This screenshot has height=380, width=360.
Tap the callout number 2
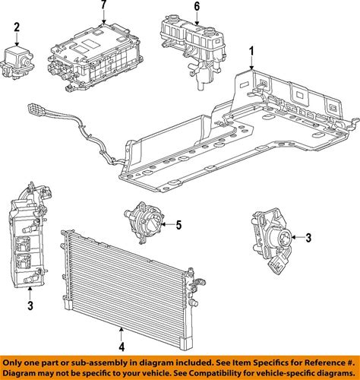tap(17, 27)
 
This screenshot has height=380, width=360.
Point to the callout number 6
tap(197, 7)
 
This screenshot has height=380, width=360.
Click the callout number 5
tap(178, 225)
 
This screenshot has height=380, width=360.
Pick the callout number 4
tap(122, 347)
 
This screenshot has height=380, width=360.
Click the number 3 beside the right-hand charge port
tap(308, 238)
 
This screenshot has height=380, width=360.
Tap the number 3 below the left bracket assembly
tap(30, 306)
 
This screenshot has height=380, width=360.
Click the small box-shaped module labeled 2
tap(17, 62)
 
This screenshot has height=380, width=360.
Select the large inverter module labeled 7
tap(93, 57)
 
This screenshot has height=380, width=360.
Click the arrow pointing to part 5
tap(167, 224)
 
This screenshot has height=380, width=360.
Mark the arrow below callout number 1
tap(251, 65)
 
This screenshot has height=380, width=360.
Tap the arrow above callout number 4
tap(122, 334)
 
